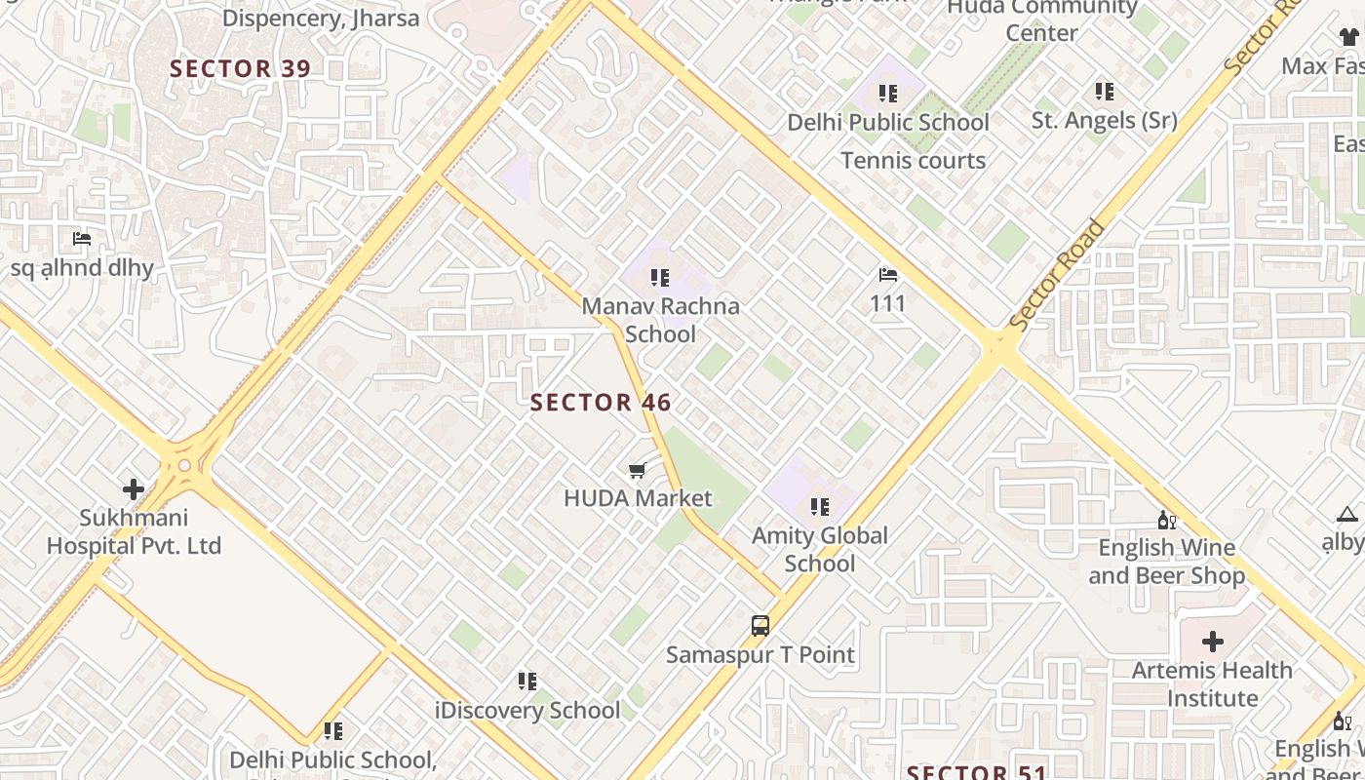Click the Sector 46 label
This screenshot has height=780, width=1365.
coord(601,403)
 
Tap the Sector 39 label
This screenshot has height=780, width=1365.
coord(240,69)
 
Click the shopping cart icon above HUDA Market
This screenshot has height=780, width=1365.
coord(638,471)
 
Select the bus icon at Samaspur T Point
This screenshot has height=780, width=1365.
coord(760,626)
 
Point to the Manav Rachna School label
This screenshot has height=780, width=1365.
coord(660,320)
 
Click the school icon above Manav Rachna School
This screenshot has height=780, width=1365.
coord(660,278)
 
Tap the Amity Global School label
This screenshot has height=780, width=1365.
coord(820,549)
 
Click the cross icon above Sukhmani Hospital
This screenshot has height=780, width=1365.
coord(134,488)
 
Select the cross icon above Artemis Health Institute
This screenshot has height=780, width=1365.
coord(1213,642)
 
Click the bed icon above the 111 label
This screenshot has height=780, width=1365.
coord(888,275)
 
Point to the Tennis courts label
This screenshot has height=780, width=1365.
coord(913,161)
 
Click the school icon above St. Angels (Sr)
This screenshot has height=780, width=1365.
coord(1104,92)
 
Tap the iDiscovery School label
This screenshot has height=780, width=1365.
coord(527,710)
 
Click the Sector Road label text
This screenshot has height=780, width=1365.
coord(1058,275)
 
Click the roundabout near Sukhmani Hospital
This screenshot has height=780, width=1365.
coord(184,466)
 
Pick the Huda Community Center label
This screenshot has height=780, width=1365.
coord(1041,19)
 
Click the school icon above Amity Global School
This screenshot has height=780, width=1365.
coord(820,507)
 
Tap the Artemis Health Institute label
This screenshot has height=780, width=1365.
coord(1212,684)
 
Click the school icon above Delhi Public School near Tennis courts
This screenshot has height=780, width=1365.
coord(887,94)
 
